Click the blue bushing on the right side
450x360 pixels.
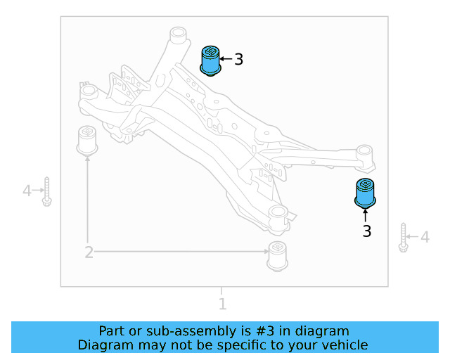pos(365,193)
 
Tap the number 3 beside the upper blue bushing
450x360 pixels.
pos(238,60)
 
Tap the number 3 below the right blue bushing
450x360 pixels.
pos(366,231)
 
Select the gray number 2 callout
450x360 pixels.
pos(89,252)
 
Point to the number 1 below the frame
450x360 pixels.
pos(222,304)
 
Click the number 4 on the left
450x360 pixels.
pos(27,190)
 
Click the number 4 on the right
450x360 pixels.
pos(425,238)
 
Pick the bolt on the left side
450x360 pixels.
pos(46,191)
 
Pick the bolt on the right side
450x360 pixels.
pos(404,237)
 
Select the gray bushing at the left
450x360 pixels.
pos(87,139)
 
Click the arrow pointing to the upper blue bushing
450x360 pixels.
pos(226,60)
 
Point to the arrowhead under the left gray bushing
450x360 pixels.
pos(88,159)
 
